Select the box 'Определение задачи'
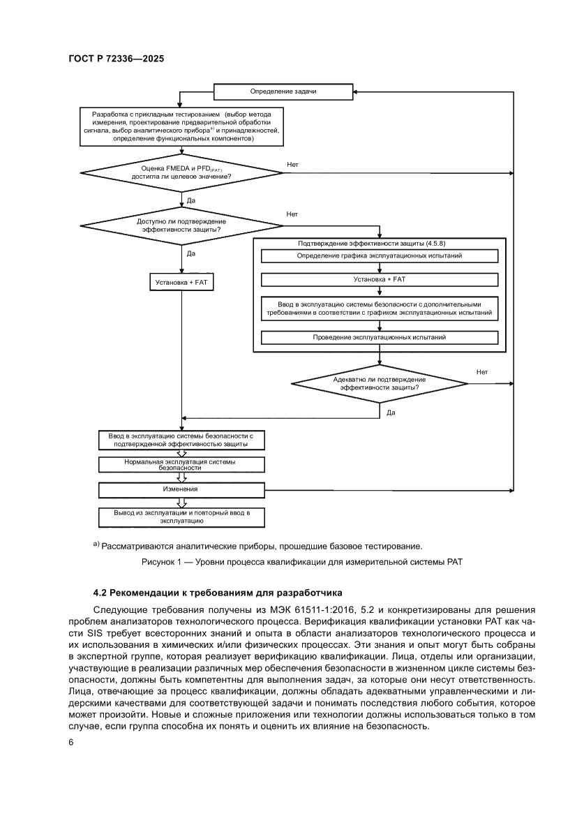point(283,91)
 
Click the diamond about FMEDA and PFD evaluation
point(181,172)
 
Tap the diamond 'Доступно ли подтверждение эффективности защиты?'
point(181,225)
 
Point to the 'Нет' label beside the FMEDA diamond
point(292,164)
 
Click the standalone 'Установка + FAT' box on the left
point(181,282)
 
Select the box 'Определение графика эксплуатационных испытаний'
point(380,255)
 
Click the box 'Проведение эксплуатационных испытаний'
point(380,337)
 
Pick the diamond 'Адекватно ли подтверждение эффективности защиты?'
point(379,383)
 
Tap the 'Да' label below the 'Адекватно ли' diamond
point(391,413)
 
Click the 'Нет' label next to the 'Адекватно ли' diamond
point(481,372)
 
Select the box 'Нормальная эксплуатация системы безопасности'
point(181,465)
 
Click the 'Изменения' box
point(181,489)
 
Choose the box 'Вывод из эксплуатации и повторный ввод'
point(181,517)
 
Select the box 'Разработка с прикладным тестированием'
point(181,126)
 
